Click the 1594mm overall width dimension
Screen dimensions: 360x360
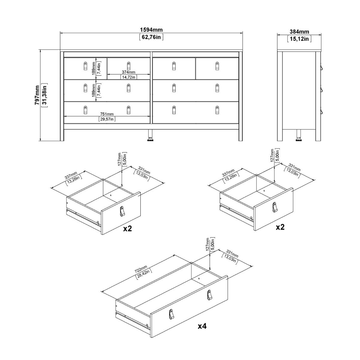(151, 30)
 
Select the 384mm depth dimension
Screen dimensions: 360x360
(299, 32)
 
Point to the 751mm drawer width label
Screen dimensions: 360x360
(107, 114)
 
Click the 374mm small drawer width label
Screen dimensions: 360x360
(128, 72)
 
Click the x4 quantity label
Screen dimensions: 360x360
(202, 326)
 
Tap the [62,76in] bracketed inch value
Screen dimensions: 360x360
(151, 37)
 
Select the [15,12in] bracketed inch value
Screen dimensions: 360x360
(299, 39)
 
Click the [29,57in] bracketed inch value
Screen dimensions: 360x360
(107, 119)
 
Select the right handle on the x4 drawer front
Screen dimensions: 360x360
(209, 295)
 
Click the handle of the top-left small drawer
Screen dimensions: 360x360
(85, 66)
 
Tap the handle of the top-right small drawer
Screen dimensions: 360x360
(217, 66)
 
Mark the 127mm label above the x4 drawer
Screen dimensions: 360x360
(207, 244)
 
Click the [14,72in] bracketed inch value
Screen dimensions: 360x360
(128, 77)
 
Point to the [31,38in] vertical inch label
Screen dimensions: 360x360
(44, 95)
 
